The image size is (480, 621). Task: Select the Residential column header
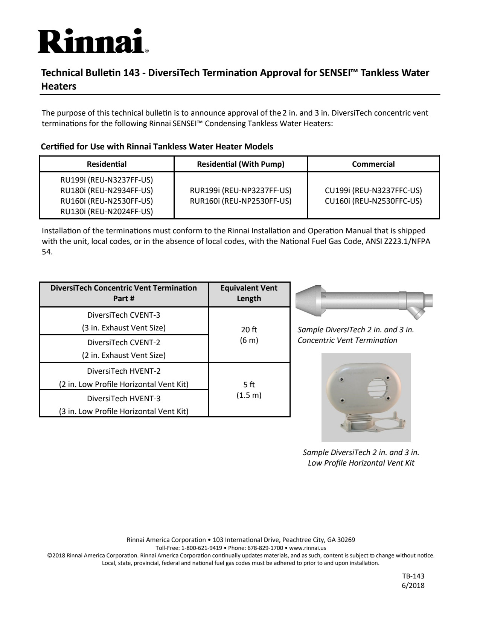(x=107, y=164)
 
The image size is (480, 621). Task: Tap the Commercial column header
(x=373, y=164)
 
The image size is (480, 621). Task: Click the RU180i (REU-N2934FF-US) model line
(x=107, y=190)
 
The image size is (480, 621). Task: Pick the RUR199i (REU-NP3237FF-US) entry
(x=241, y=190)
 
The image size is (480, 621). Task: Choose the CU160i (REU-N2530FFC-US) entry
(x=373, y=201)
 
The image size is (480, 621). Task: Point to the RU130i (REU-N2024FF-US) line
(x=107, y=212)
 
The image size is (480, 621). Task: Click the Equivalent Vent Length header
(x=249, y=293)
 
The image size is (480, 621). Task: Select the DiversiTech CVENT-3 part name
(x=124, y=315)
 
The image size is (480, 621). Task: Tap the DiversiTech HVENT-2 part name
(x=124, y=371)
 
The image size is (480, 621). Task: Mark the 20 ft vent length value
(x=249, y=330)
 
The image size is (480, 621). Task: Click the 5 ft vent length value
(x=249, y=385)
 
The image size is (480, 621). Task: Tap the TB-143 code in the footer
(x=413, y=576)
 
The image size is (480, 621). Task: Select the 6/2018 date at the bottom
(x=413, y=585)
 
